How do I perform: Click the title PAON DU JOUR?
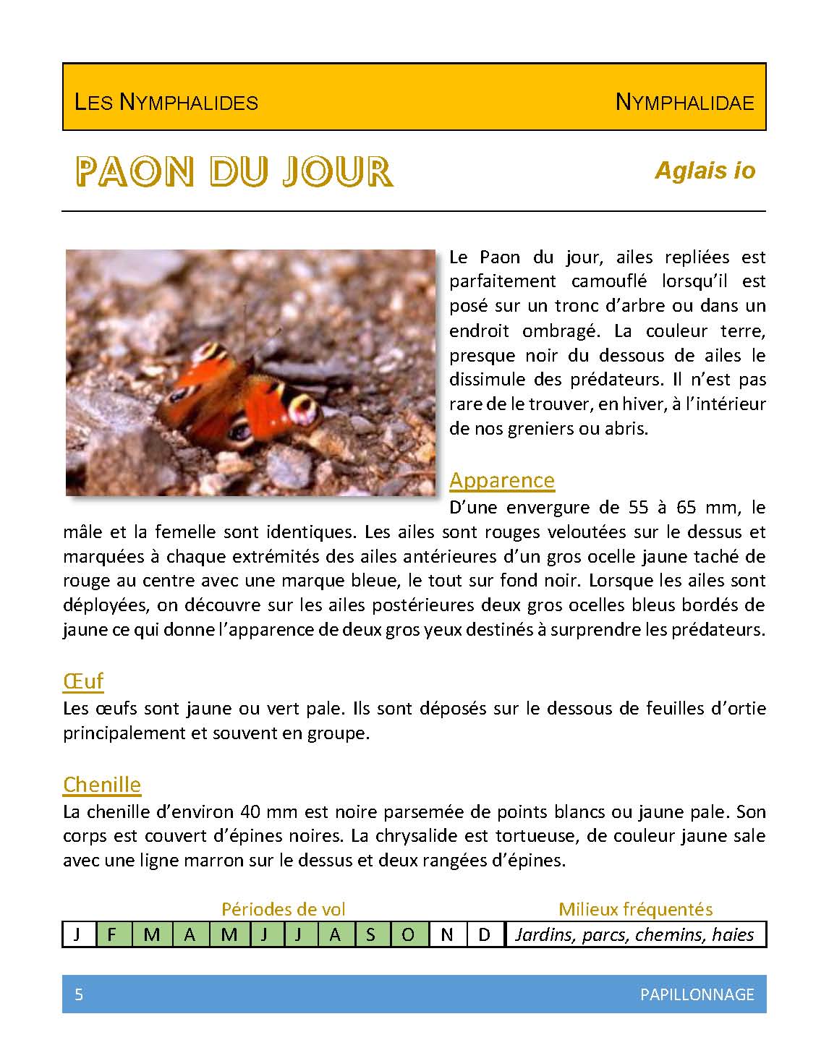tap(234, 172)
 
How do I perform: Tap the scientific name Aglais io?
tap(705, 171)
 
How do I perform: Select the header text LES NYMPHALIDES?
tap(166, 102)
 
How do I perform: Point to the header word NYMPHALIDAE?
tap(684, 102)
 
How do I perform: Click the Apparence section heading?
tap(502, 480)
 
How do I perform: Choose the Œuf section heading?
tap(83, 681)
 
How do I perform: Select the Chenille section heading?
tap(102, 784)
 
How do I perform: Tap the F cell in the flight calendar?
tap(112, 934)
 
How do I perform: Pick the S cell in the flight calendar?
tap(371, 934)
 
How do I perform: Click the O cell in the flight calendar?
tap(408, 934)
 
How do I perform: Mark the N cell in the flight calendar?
tap(447, 934)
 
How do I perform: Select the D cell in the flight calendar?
tap(485, 934)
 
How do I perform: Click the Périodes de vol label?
tap(284, 909)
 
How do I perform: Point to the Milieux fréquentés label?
tap(635, 909)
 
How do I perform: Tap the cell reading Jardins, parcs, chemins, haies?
tap(634, 934)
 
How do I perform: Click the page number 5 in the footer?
tap(79, 994)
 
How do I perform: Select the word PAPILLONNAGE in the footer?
tap(697, 994)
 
